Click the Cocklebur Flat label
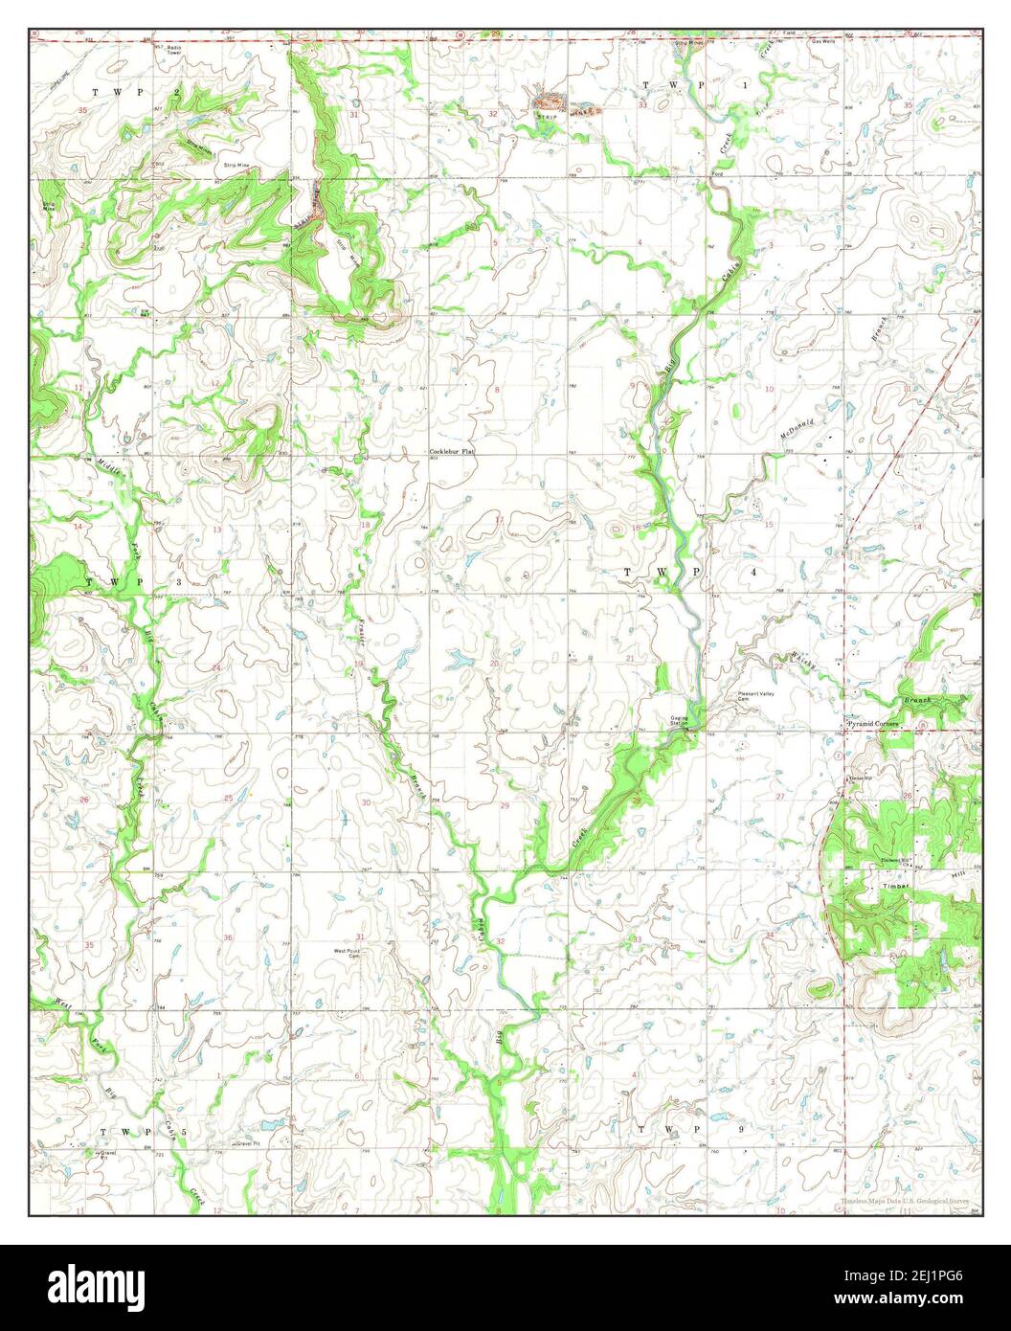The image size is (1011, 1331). [452, 450]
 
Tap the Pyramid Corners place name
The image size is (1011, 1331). [871, 725]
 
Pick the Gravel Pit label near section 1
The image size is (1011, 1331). [248, 1143]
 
